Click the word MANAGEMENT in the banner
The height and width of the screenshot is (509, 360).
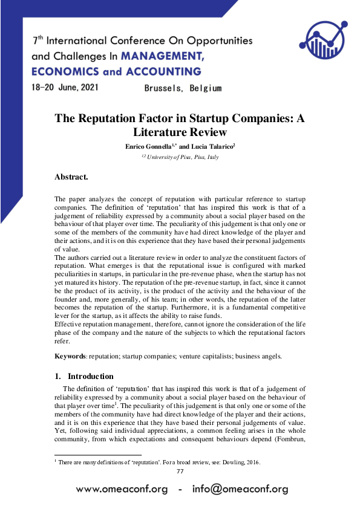[x=162, y=56]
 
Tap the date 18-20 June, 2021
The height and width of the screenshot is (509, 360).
[x=64, y=87]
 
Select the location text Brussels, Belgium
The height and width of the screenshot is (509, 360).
[x=183, y=88]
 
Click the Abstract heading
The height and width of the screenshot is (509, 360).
[x=71, y=177]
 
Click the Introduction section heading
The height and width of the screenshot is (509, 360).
[x=90, y=376]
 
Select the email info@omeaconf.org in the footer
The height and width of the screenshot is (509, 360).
[x=240, y=489]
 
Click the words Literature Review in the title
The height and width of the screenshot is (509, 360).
[x=180, y=132]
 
